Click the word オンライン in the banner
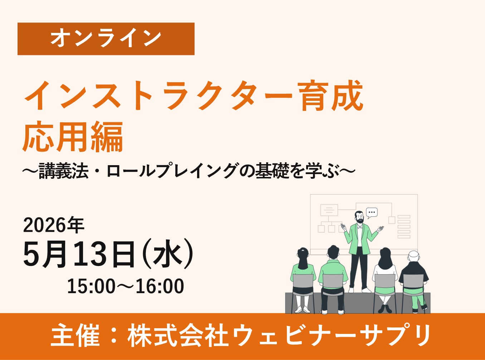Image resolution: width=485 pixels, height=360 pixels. click(x=106, y=39)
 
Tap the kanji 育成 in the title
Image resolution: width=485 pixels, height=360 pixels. click(x=332, y=96)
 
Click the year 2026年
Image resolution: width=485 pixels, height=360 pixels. click(x=54, y=225)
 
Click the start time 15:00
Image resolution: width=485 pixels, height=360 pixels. click(x=92, y=286)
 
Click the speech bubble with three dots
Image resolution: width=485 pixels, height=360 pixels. click(x=372, y=212)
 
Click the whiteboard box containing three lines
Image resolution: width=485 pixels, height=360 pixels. click(x=329, y=210)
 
